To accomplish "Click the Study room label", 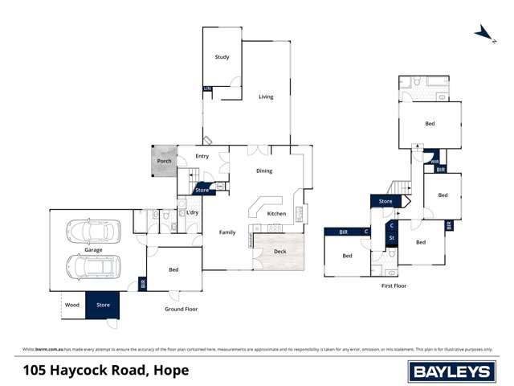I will point(222,57).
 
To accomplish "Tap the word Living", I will point(266,97).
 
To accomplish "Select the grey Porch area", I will point(165,160).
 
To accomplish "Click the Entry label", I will point(202,156).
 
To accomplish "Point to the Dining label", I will point(264,170).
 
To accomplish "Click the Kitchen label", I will point(276,213).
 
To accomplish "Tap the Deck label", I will point(279,252).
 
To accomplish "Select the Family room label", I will point(227,232).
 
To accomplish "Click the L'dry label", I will point(193,212).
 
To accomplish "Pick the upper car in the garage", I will point(93,232).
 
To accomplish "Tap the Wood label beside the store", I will point(72,305).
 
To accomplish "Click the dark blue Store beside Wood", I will point(103,305).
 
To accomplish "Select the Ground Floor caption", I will point(181,309).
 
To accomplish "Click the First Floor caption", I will point(394,285).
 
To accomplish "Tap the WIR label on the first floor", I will point(434,162).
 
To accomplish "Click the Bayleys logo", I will point(451,370).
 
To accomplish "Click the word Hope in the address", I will point(171,370).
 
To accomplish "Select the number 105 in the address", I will point(35,370).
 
